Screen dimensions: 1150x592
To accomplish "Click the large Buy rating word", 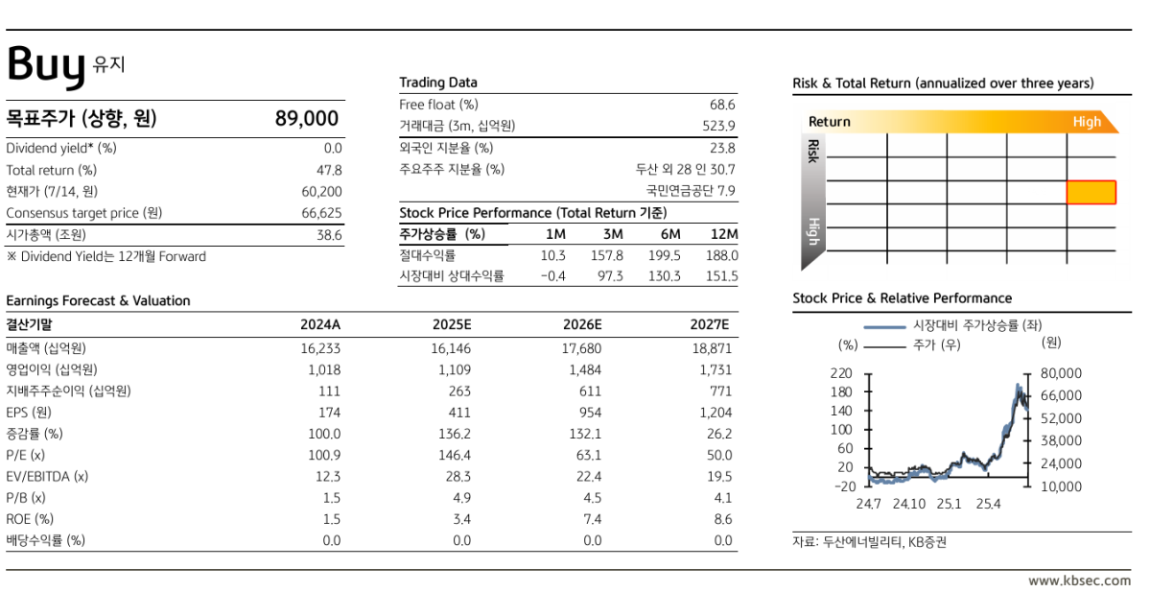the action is click(46, 66).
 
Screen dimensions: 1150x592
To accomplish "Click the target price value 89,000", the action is click(307, 118).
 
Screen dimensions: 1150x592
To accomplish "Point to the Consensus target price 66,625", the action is click(321, 213).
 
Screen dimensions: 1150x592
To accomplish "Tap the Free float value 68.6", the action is click(722, 105).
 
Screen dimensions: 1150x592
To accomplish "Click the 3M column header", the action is click(613, 234).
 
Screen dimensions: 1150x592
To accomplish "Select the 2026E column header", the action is click(582, 325).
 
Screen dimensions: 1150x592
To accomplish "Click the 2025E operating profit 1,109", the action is click(455, 369).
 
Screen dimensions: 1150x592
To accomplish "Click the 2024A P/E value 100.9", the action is click(324, 456).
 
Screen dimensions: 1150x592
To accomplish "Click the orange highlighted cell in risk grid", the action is click(1091, 192).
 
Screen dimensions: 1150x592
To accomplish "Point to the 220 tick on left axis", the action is click(841, 373).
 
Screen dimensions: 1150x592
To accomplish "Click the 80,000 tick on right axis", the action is click(1061, 373).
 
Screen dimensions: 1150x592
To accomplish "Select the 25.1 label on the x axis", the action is click(949, 504).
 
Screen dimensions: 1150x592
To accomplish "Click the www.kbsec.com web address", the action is click(1080, 580).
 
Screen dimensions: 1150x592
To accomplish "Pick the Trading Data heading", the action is click(438, 83).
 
